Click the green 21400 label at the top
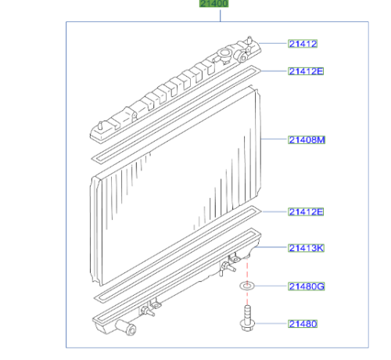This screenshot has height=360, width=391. pyautogui.click(x=213, y=3)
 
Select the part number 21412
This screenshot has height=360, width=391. pyautogui.click(x=303, y=44)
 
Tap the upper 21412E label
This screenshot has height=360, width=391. pyautogui.click(x=306, y=71)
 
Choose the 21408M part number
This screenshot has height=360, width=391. pyautogui.click(x=307, y=140)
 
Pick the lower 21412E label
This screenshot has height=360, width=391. pyautogui.click(x=306, y=211)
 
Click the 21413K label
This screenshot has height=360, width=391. pyautogui.click(x=306, y=248)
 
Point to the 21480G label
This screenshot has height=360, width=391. pyautogui.click(x=307, y=286)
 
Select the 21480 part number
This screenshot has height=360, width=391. pyautogui.click(x=303, y=324)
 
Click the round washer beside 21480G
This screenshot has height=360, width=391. pyautogui.click(x=246, y=286)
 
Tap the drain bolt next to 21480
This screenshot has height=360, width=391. pyautogui.click(x=247, y=319)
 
